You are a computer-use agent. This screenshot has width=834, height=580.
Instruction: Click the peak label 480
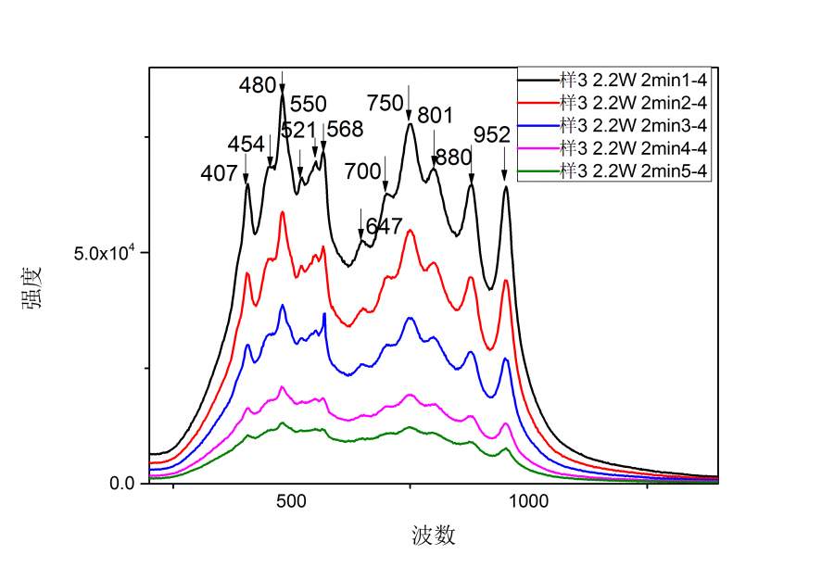[258, 86]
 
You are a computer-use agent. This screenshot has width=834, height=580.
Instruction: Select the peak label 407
[220, 173]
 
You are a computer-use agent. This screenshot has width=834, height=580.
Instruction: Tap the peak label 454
[246, 145]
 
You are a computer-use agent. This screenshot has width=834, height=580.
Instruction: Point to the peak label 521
[298, 130]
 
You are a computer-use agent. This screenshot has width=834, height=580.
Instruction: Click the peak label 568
[345, 130]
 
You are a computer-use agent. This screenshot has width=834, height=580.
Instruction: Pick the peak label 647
[384, 226]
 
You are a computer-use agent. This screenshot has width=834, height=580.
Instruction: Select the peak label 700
[362, 171]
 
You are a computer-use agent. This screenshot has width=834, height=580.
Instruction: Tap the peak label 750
[385, 103]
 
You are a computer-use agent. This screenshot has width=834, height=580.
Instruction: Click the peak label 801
[436, 116]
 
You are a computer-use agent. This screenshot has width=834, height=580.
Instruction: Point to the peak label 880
[453, 158]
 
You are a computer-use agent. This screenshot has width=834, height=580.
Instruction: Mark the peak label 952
[492, 135]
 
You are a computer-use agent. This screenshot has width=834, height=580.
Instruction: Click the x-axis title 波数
[434, 536]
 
